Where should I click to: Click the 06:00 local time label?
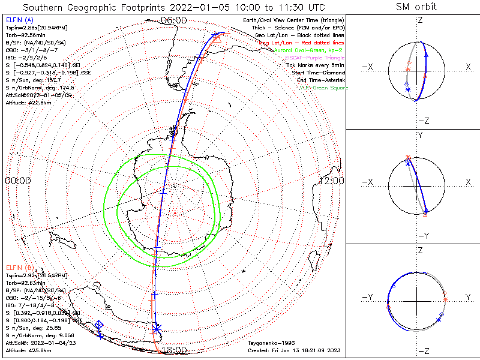pos(174,20)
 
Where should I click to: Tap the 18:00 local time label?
pos(174,349)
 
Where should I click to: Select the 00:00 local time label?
pos(17,181)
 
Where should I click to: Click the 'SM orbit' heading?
pos(416,7)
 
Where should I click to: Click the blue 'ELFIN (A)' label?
pos(20,20)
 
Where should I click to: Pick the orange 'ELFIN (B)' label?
pos(20,267)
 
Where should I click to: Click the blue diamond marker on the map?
pos(99,325)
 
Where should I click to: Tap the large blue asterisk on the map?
pos(157,329)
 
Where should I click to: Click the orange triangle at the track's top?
pos(217,39)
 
